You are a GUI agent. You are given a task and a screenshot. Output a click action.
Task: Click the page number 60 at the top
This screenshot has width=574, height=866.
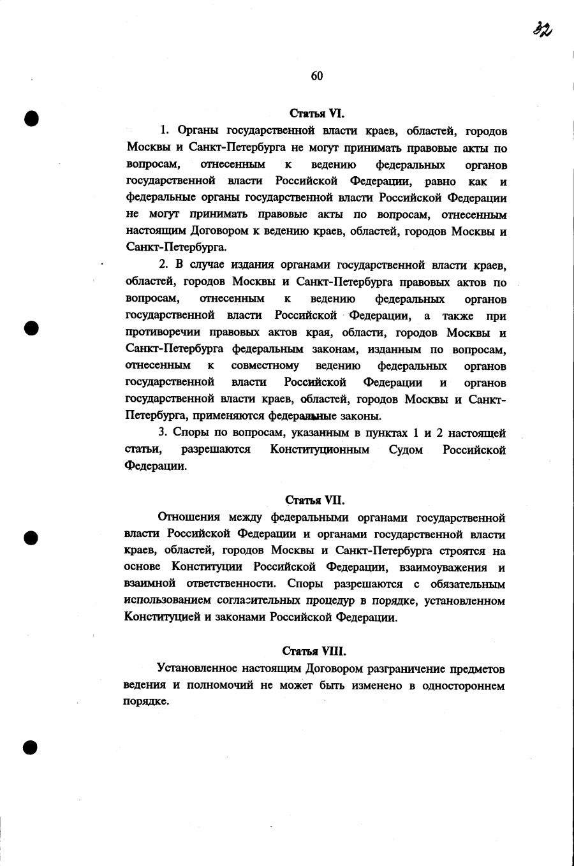tap(317, 76)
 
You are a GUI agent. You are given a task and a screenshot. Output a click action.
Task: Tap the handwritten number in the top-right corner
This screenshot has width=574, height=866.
tap(543, 29)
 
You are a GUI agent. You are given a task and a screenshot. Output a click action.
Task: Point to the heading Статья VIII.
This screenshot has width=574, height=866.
tap(314, 651)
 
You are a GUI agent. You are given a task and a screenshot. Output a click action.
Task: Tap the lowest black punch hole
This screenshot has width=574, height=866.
tap(30, 747)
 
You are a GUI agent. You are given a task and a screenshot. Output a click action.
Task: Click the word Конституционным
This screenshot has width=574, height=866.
tap(320, 450)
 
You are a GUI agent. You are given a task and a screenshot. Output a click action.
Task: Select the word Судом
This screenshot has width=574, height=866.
tap(406, 450)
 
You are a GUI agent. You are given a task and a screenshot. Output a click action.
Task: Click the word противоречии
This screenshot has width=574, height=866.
tap(163, 332)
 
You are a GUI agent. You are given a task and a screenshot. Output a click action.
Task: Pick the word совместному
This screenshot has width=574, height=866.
tap(265, 366)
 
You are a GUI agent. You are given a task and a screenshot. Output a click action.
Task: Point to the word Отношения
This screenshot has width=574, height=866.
tap(188, 517)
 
